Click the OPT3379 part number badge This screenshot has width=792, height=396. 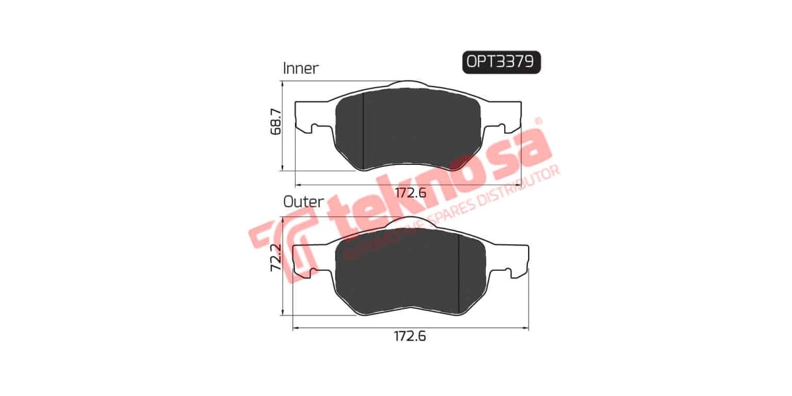click(501, 61)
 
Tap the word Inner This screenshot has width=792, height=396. click(300, 68)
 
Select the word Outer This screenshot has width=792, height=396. click(303, 201)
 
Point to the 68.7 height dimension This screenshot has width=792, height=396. click(277, 122)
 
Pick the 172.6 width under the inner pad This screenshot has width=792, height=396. click(411, 193)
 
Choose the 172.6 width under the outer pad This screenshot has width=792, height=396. click(410, 336)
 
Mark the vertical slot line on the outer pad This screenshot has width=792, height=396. click(459, 271)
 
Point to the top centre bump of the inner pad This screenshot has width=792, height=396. click(408, 84)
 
